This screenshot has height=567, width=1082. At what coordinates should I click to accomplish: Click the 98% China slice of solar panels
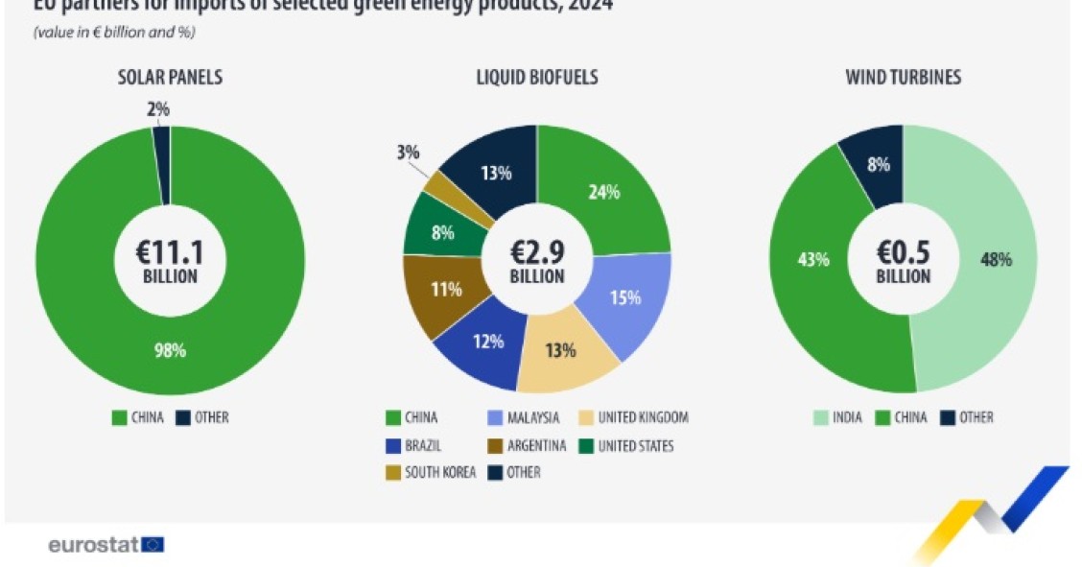[171, 350]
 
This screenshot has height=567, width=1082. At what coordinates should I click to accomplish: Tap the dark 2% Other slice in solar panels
[161, 163]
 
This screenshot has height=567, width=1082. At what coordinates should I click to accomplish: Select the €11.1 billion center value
[171, 261]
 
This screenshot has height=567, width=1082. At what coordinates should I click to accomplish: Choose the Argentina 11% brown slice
[445, 290]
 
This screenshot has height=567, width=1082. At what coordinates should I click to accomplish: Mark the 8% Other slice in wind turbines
[876, 163]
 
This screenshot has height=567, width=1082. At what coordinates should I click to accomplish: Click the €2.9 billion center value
[537, 261]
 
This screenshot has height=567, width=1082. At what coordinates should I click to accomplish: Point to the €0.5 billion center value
[903, 261]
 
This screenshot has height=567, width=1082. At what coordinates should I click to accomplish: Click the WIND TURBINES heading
[902, 78]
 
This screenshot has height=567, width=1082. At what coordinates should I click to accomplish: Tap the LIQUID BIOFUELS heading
[537, 78]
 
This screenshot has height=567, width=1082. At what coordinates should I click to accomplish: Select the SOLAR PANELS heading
[170, 78]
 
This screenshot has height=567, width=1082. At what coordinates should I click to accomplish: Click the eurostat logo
[106, 545]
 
